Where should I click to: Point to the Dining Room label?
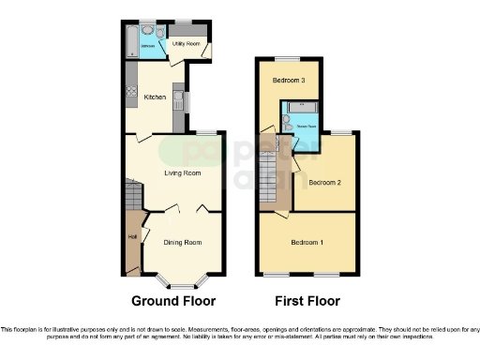[x=182, y=243]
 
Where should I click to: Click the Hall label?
[x=132, y=235]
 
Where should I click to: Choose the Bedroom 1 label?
[x=307, y=243]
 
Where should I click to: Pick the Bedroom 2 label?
[x=324, y=182]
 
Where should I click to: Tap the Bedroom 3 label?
[x=289, y=81]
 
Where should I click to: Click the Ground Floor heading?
[x=172, y=301]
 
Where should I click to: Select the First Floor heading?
[x=307, y=301]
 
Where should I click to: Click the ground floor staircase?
[x=133, y=197]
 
